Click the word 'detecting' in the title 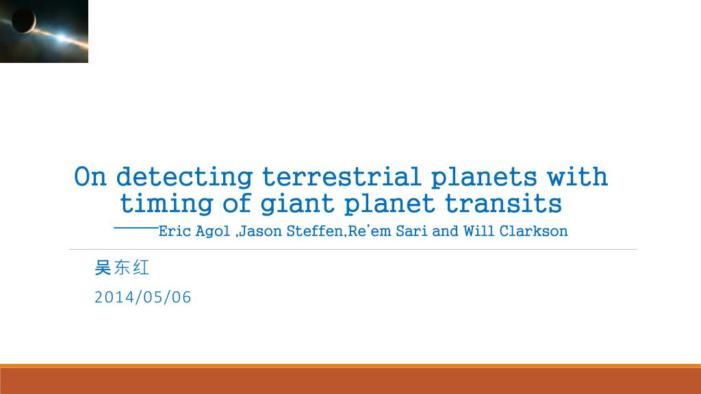pos(184,177)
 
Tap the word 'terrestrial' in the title pos(341,176)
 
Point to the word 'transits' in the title pos(503,204)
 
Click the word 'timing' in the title pos(166,205)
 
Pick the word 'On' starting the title pos(90,176)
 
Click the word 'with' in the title pos(577,176)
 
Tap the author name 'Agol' pos(212,231)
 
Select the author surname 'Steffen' pos(314,231)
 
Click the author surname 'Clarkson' pos(533,231)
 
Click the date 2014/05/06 pos(142,297)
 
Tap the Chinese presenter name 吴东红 pos(122,267)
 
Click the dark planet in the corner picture pos(24,21)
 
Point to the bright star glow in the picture pos(62,38)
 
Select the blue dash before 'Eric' pos(136,228)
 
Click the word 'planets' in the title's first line pos(483,177)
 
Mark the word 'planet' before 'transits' pos(390,205)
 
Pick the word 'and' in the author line pos(445,231)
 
